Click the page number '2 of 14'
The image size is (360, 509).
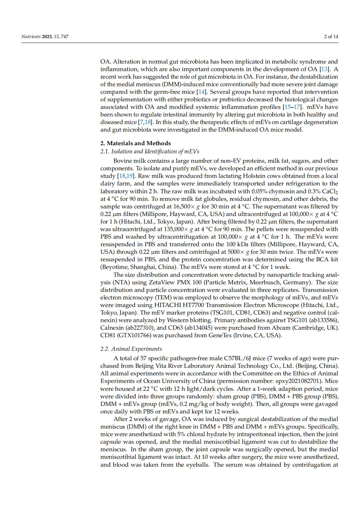point(331,37)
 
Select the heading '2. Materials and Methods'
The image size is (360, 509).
point(136,143)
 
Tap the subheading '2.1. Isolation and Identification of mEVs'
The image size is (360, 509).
point(150,152)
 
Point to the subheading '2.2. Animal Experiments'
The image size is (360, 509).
point(131,349)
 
